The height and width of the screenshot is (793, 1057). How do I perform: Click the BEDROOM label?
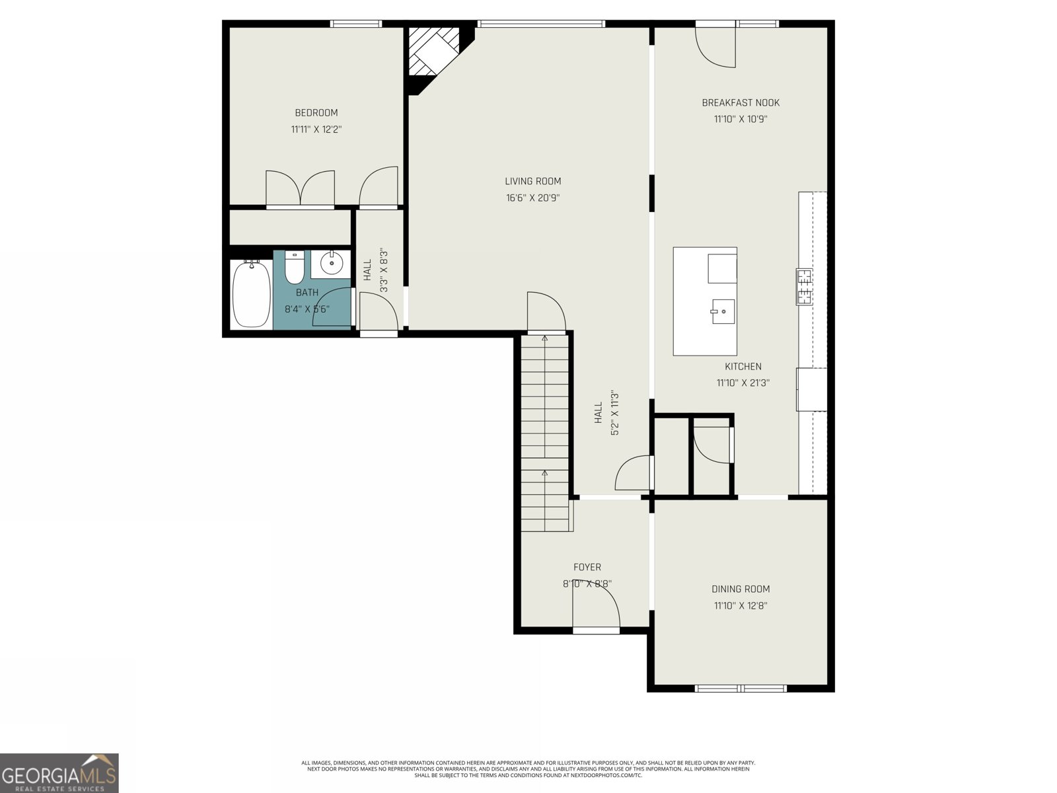tap(316, 113)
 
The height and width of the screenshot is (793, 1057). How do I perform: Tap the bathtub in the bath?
tap(251, 293)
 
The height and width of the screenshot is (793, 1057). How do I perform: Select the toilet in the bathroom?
tap(294, 267)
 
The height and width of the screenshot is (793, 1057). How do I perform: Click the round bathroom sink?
tap(331, 264)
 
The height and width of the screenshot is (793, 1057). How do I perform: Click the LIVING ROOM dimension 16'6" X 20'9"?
tap(532, 198)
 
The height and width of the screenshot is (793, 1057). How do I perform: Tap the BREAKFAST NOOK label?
tap(740, 103)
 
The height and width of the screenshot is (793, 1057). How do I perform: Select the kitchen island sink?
tap(723, 311)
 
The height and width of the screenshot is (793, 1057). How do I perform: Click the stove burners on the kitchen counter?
tap(804, 287)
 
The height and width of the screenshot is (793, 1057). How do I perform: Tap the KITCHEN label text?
tap(743, 367)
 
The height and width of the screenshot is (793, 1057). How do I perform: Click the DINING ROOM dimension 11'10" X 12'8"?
tap(740, 605)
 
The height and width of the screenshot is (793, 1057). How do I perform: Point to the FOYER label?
tap(587, 567)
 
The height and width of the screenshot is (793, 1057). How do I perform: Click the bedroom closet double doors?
tap(300, 189)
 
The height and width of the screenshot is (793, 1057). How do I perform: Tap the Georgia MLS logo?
tap(59, 773)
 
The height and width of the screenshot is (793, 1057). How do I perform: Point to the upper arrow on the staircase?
tap(545, 338)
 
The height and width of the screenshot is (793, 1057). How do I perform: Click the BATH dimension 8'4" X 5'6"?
tap(307, 309)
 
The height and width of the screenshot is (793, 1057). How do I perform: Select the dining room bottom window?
tap(741, 688)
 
